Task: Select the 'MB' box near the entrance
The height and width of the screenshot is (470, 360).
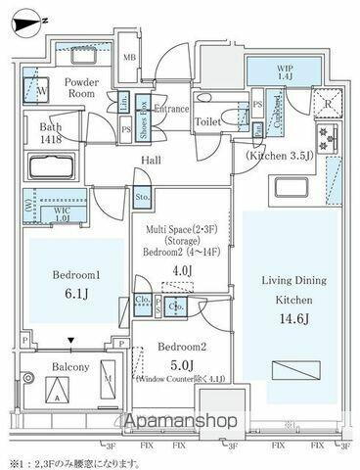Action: [129, 57]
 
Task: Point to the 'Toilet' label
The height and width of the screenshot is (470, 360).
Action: [206, 121]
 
